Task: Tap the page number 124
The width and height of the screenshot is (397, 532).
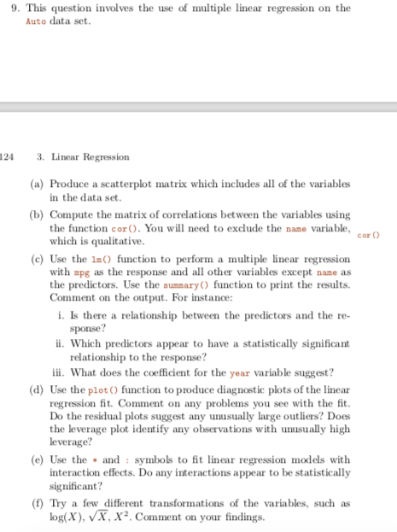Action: pos(7,157)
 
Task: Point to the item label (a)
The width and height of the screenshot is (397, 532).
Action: pos(38,184)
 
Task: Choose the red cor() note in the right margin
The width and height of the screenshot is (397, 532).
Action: pos(368,234)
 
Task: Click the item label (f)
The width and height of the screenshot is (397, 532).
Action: pos(38,504)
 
